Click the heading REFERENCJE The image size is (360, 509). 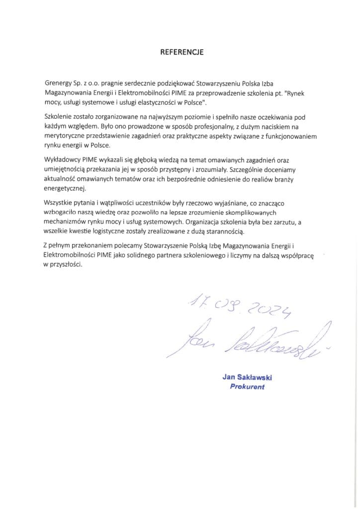180,51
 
